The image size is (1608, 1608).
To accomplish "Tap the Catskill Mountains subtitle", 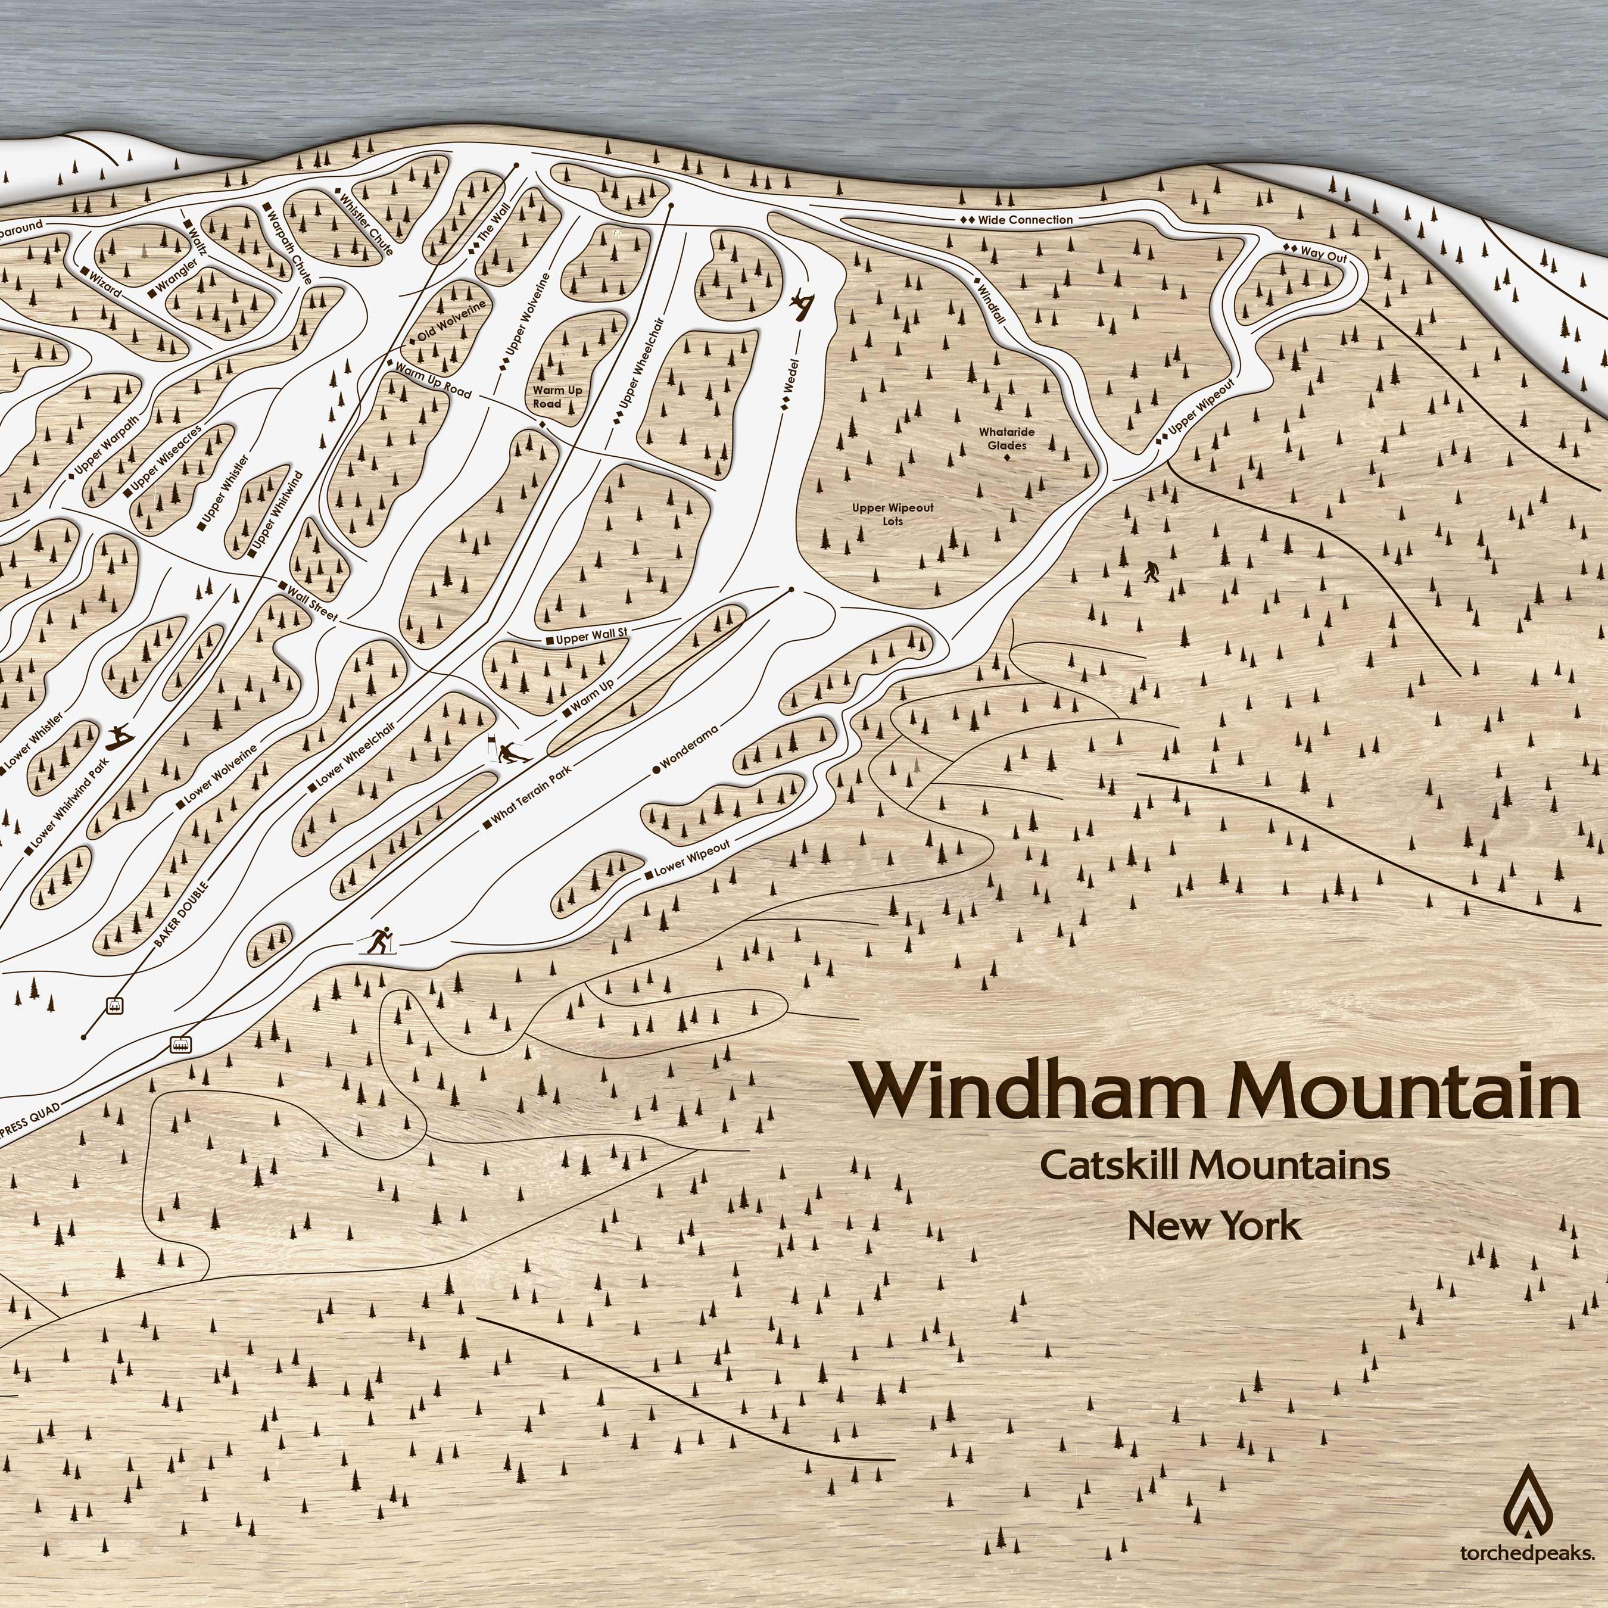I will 1214,1166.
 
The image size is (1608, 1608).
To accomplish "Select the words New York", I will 1214,1226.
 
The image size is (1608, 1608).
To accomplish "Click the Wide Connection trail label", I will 1017,220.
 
